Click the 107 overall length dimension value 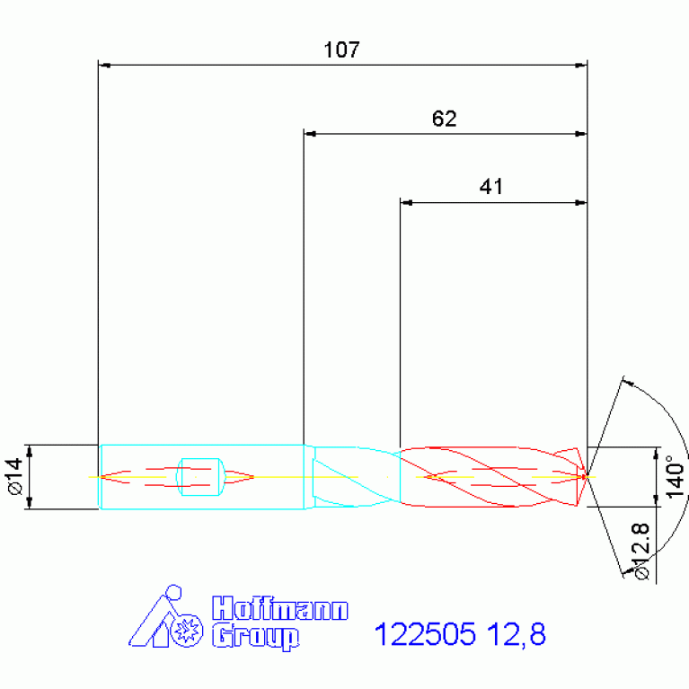point(342,49)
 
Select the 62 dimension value point(445,119)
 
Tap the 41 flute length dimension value point(490,186)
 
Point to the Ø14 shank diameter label point(15,476)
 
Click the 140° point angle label point(676,477)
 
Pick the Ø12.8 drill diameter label point(641,552)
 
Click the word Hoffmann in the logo point(280,608)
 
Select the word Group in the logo point(256,637)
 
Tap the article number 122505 point(425,634)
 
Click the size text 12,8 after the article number point(517,634)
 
